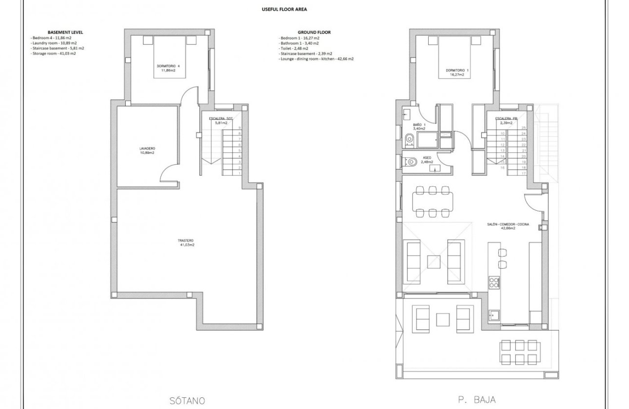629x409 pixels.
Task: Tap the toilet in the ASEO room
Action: (411, 161)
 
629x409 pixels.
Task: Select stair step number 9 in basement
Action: (239, 128)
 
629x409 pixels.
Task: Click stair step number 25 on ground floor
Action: (523, 128)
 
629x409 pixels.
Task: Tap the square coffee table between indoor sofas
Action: (434, 261)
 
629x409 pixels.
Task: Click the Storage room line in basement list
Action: (53, 53)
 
